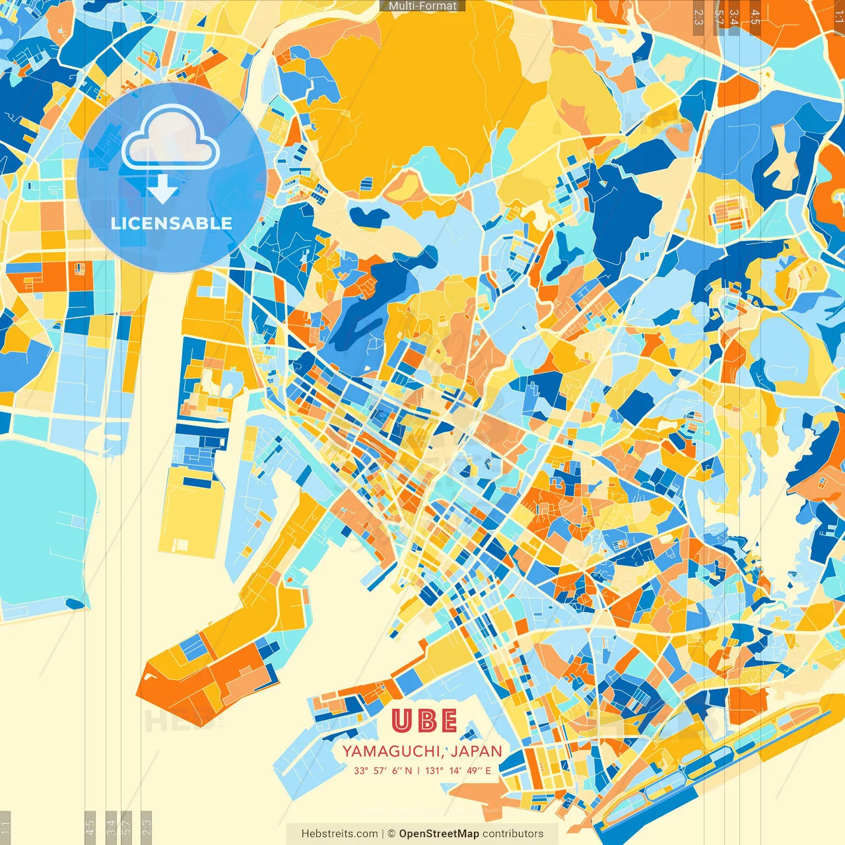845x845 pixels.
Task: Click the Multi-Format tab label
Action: click(422, 6)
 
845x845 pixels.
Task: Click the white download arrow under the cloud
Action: click(162, 190)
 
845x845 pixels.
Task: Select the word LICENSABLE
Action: click(172, 223)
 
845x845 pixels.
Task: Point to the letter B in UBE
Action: click(426, 721)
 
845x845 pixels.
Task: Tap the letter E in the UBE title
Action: click(449, 721)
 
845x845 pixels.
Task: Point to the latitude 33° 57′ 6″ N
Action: click(383, 770)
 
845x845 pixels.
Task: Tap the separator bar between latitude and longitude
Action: click(419, 770)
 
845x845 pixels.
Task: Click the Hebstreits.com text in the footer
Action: click(339, 834)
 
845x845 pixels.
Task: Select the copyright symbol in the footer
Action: click(391, 834)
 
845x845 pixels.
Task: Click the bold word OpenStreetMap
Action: click(439, 834)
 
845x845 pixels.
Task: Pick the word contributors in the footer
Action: click(513, 834)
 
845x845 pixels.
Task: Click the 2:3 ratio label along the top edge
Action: click(698, 17)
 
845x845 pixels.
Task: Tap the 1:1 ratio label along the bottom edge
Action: click(5, 827)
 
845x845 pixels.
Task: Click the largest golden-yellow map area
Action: click(422, 86)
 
